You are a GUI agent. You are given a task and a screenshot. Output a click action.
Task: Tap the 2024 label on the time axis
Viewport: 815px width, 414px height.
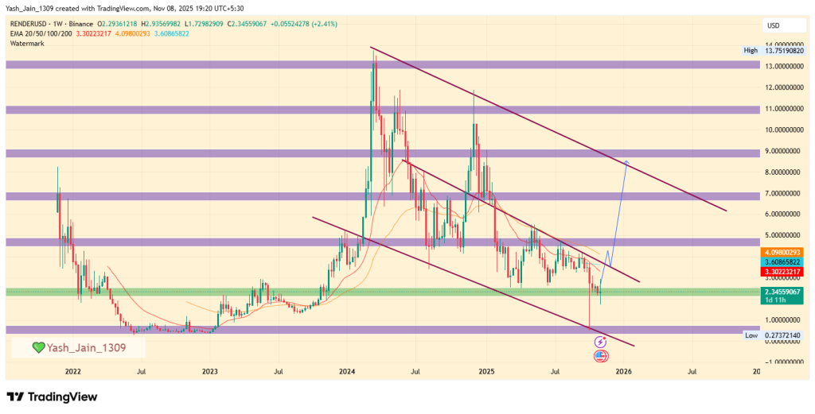tap(347, 370)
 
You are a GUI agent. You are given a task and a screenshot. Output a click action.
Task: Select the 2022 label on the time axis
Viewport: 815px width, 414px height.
tap(72, 370)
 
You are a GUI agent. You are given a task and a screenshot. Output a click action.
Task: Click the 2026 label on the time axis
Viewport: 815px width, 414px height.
tap(623, 370)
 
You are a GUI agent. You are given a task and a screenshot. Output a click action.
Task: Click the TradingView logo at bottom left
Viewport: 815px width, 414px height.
tap(52, 397)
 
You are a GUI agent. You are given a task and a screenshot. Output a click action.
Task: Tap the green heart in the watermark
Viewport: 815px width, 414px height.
tap(37, 347)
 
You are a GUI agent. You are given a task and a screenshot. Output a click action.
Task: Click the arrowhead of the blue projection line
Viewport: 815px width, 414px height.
tap(626, 163)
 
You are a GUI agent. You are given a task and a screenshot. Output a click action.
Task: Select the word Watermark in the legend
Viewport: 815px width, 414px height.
tap(28, 43)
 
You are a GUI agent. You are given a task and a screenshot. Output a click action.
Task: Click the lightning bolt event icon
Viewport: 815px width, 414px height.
tap(602, 342)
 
